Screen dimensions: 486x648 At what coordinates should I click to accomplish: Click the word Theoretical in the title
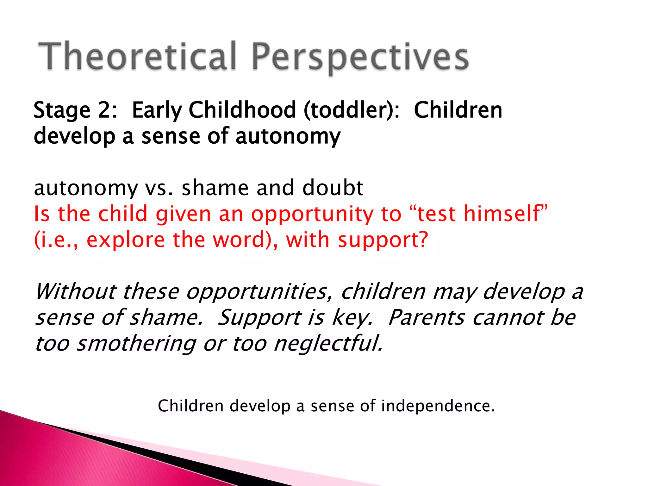tap(137, 56)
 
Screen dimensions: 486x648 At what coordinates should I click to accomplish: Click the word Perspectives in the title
tap(360, 57)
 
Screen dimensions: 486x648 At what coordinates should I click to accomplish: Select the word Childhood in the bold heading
tap(242, 110)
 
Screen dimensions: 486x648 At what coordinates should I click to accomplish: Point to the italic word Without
tap(76, 291)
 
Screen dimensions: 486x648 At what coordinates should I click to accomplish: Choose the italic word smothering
tap(137, 344)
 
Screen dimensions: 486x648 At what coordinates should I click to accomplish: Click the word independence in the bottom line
tap(438, 406)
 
